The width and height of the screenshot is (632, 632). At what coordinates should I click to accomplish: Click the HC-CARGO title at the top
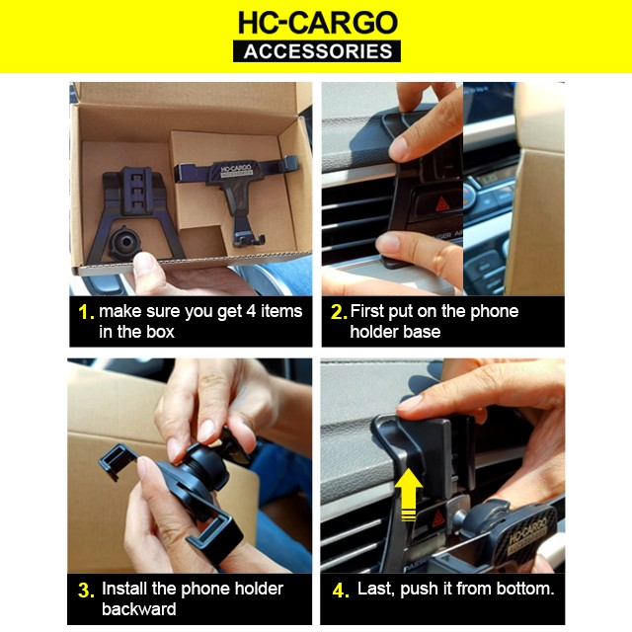(318, 23)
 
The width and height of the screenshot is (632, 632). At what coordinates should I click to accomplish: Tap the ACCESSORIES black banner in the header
(317, 51)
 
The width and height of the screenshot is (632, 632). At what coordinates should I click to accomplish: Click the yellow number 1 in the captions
(86, 312)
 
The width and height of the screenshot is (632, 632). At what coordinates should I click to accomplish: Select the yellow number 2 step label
(339, 312)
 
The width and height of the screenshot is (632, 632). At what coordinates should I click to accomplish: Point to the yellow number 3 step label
(86, 591)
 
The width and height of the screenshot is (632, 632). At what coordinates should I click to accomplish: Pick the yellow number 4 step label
(341, 591)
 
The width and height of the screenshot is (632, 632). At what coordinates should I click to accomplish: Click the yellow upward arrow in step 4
(408, 494)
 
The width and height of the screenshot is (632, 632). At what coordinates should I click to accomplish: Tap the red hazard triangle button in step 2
(442, 204)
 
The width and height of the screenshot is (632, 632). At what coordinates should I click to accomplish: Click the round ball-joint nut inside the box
(124, 242)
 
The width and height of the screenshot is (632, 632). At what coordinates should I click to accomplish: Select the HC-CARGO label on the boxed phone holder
(236, 170)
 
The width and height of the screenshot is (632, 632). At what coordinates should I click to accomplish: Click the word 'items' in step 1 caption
(281, 311)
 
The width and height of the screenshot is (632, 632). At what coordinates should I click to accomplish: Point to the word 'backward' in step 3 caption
(138, 608)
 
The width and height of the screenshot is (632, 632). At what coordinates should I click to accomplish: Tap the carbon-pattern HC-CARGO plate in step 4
(527, 533)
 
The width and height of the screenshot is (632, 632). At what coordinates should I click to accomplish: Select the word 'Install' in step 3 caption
(124, 589)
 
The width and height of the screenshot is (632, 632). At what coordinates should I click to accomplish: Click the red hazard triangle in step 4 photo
(438, 518)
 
